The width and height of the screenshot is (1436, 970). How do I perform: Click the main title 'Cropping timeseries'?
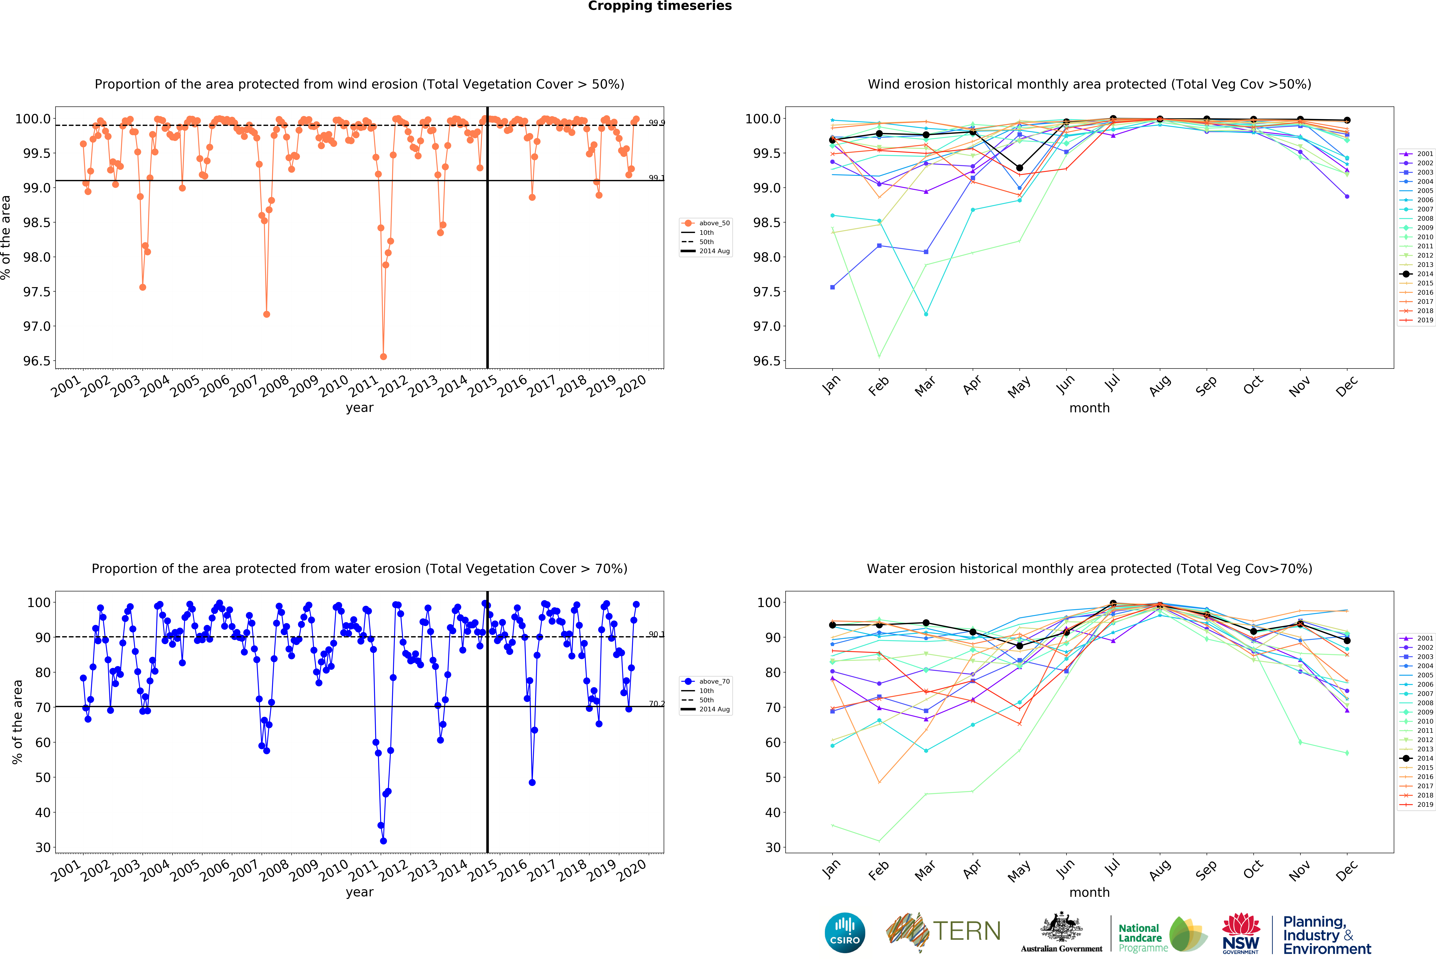(x=659, y=6)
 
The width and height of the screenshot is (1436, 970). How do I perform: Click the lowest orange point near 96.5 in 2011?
(x=383, y=356)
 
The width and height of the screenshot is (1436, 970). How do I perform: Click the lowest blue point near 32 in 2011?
(x=383, y=841)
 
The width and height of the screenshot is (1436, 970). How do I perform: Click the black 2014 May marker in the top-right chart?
(x=1019, y=168)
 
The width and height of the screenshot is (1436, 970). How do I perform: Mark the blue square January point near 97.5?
(x=832, y=287)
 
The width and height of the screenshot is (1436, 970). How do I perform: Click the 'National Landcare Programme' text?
(x=1142, y=938)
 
